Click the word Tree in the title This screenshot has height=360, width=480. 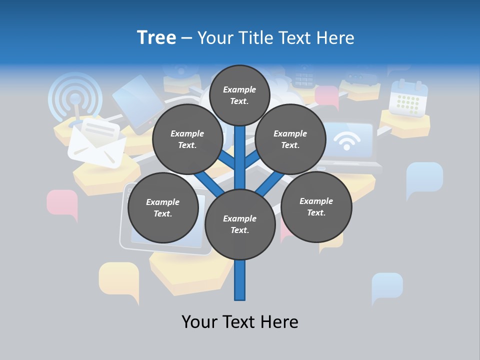[156, 37]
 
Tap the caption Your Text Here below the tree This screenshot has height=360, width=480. [240, 322]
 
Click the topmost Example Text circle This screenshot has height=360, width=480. [239, 95]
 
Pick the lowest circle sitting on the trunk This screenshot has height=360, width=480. [240, 224]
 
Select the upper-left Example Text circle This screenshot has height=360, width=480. [187, 139]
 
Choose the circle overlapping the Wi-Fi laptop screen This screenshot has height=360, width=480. [290, 139]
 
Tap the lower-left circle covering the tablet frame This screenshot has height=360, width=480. [163, 208]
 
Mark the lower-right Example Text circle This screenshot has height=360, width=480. [316, 207]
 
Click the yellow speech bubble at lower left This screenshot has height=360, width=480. [119, 280]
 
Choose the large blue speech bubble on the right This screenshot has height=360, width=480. [424, 178]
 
